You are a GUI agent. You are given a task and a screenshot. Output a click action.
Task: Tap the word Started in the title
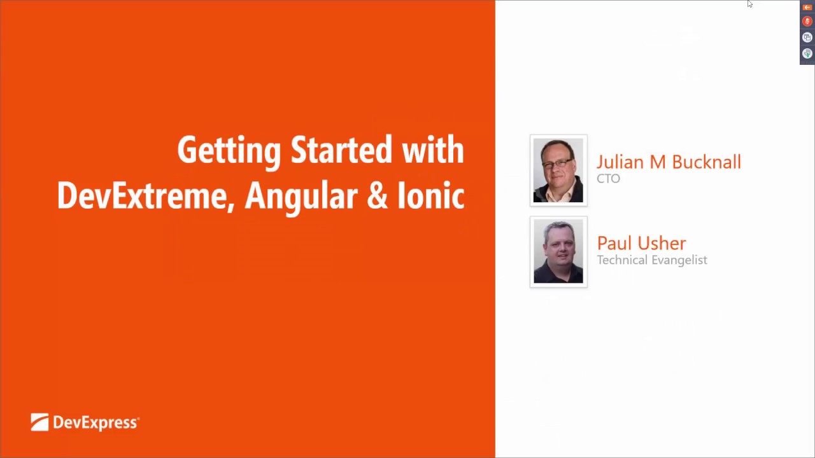point(341,150)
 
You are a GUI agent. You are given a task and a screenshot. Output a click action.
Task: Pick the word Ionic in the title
point(431,195)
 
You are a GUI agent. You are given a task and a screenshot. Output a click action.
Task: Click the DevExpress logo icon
point(39,422)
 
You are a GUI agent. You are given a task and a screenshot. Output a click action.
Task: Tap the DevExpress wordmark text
point(96,423)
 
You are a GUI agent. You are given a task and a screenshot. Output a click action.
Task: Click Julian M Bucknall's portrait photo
point(558,170)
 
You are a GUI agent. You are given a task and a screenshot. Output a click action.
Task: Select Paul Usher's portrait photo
point(558,251)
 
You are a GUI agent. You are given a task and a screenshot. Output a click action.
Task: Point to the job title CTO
point(608,179)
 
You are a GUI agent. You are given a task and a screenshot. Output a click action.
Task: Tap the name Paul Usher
point(641,243)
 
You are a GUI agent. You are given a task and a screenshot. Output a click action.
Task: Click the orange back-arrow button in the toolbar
point(807,7)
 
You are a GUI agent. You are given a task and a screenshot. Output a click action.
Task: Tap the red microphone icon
point(807,22)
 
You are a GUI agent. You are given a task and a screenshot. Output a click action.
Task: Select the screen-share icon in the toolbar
point(807,38)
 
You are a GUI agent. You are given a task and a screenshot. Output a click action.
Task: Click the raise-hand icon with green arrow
point(807,53)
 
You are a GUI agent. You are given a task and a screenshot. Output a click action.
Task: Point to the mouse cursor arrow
point(750,4)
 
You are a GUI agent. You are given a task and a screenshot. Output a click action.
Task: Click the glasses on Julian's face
point(557,163)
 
